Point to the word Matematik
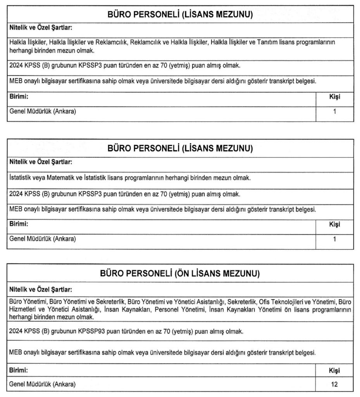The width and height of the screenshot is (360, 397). click(x=60, y=178)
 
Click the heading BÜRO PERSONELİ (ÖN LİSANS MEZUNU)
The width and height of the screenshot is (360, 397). click(x=180, y=274)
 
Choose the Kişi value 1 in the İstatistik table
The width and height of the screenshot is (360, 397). click(x=334, y=239)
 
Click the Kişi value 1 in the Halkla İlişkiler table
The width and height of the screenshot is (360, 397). click(x=334, y=112)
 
